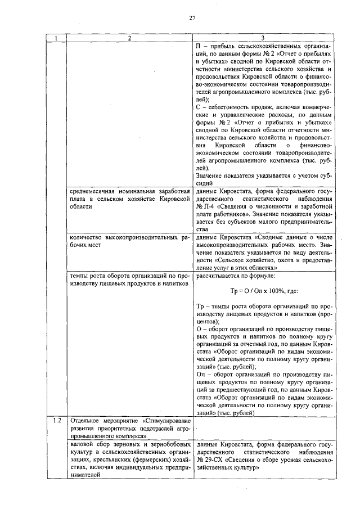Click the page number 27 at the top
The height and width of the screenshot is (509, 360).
(x=192, y=18)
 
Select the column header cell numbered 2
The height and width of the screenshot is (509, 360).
(x=129, y=38)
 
